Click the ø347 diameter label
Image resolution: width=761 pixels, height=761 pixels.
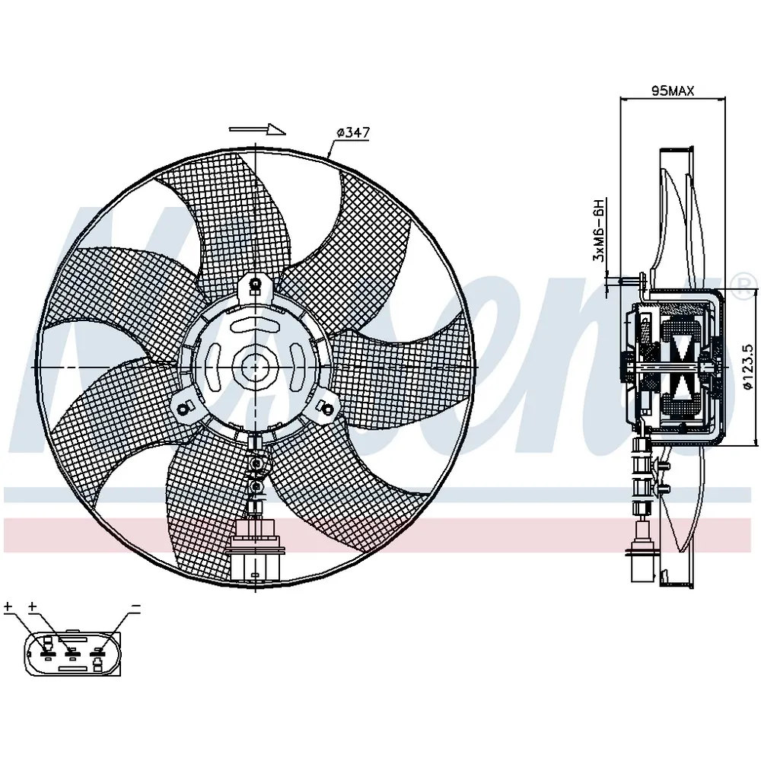pyautogui.click(x=353, y=132)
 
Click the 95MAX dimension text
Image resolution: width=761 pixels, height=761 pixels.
pyautogui.click(x=673, y=91)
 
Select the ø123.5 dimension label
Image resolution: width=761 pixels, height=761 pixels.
pyautogui.click(x=748, y=367)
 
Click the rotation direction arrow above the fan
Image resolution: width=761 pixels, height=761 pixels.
pyautogui.click(x=257, y=129)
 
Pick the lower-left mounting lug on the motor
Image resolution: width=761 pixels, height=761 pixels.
pyautogui.click(x=185, y=407)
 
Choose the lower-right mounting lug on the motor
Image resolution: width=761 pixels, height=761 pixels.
pyautogui.click(x=326, y=407)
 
